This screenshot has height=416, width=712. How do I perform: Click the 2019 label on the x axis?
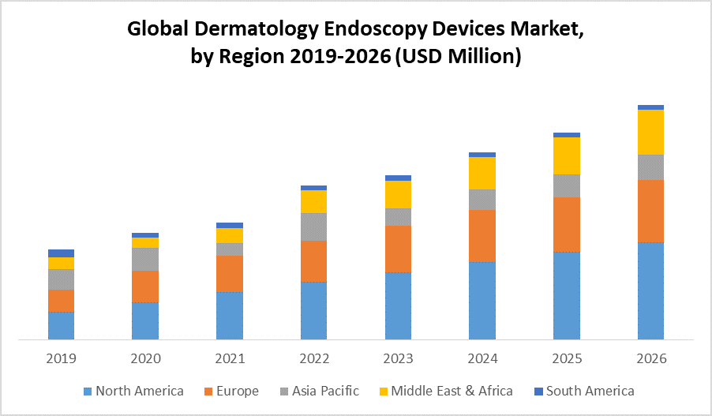click(62, 358)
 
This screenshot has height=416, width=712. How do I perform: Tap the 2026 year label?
click(650, 358)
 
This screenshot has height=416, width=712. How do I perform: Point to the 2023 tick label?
click(398, 358)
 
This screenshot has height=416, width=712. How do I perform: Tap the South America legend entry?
click(590, 391)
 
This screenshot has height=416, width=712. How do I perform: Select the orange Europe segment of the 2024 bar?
click(482, 235)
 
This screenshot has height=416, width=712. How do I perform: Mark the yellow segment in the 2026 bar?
click(650, 132)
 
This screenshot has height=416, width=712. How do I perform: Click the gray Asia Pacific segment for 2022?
click(314, 227)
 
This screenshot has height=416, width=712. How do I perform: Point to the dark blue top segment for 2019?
click(62, 253)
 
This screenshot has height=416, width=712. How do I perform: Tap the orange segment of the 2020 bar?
click(145, 287)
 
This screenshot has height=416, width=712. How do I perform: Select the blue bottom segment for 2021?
click(230, 316)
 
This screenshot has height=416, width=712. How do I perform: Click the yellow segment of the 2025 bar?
click(567, 156)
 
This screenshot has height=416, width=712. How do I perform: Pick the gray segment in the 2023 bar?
click(398, 217)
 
